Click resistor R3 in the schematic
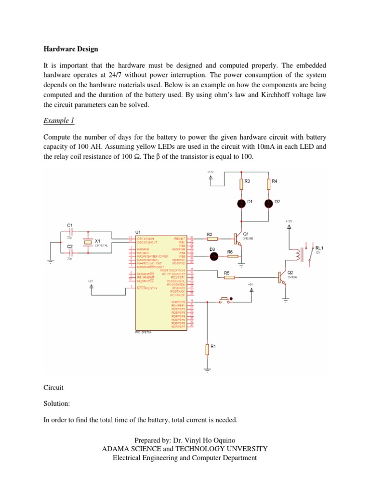pyautogui.click(x=240, y=184)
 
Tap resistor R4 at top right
pyautogui.click(x=268, y=184)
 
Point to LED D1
pyautogui.click(x=240, y=204)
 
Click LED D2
pyautogui.click(x=268, y=204)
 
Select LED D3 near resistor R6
pyautogui.click(x=215, y=256)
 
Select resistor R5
pyautogui.click(x=229, y=277)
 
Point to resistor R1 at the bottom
pyautogui.click(x=207, y=349)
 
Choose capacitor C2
pyautogui.click(x=70, y=253)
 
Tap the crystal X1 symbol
pyautogui.click(x=88, y=243)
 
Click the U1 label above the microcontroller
pyautogui.click(x=132, y=232)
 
